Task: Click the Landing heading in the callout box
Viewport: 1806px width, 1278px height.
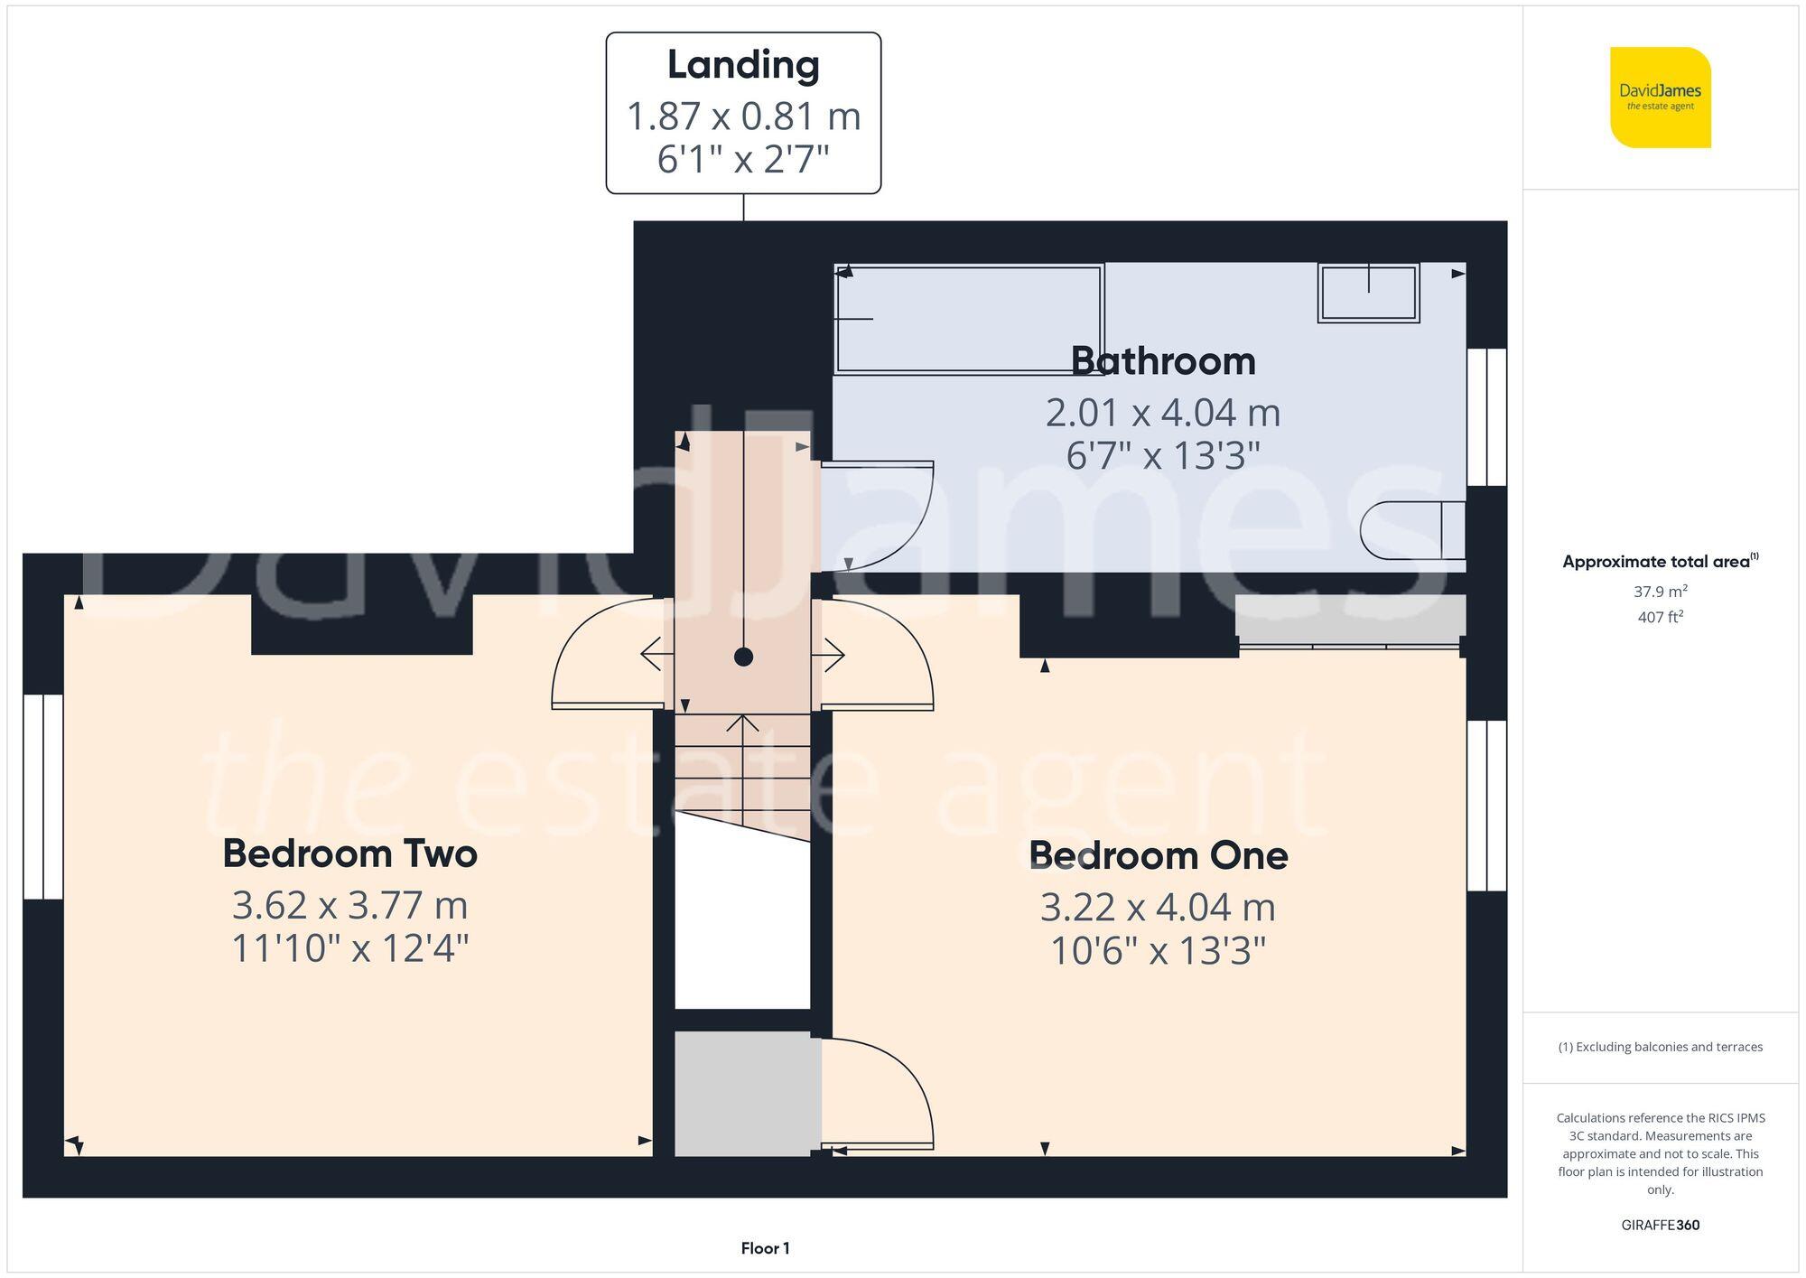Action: pyautogui.click(x=743, y=65)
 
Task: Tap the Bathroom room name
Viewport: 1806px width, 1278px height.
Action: pyautogui.click(x=1163, y=361)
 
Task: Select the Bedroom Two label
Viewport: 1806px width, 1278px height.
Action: pyautogui.click(x=349, y=854)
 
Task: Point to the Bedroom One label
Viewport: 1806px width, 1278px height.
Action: pyautogui.click(x=1158, y=855)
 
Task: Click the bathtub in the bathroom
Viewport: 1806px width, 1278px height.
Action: pyautogui.click(x=968, y=318)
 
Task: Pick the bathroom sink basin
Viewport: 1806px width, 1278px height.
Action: pyautogui.click(x=1368, y=293)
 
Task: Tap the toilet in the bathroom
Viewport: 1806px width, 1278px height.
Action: pyautogui.click(x=1411, y=530)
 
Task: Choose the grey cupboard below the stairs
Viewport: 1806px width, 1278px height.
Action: pyautogui.click(x=743, y=1093)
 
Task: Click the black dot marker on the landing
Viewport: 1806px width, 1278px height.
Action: pyautogui.click(x=743, y=657)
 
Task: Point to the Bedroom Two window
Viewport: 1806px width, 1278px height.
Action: pyautogui.click(x=42, y=797)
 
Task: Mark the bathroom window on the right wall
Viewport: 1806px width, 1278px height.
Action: pyautogui.click(x=1486, y=417)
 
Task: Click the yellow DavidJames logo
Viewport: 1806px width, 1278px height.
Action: pyautogui.click(x=1660, y=98)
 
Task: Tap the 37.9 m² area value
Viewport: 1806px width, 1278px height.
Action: pyautogui.click(x=1660, y=592)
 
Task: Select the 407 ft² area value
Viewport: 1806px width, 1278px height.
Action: pyautogui.click(x=1660, y=618)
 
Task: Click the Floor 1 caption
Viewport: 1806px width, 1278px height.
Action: pyautogui.click(x=765, y=1248)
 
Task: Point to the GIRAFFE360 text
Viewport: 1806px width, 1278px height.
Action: pyautogui.click(x=1660, y=1226)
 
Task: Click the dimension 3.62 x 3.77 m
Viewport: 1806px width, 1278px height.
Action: pyautogui.click(x=349, y=905)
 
